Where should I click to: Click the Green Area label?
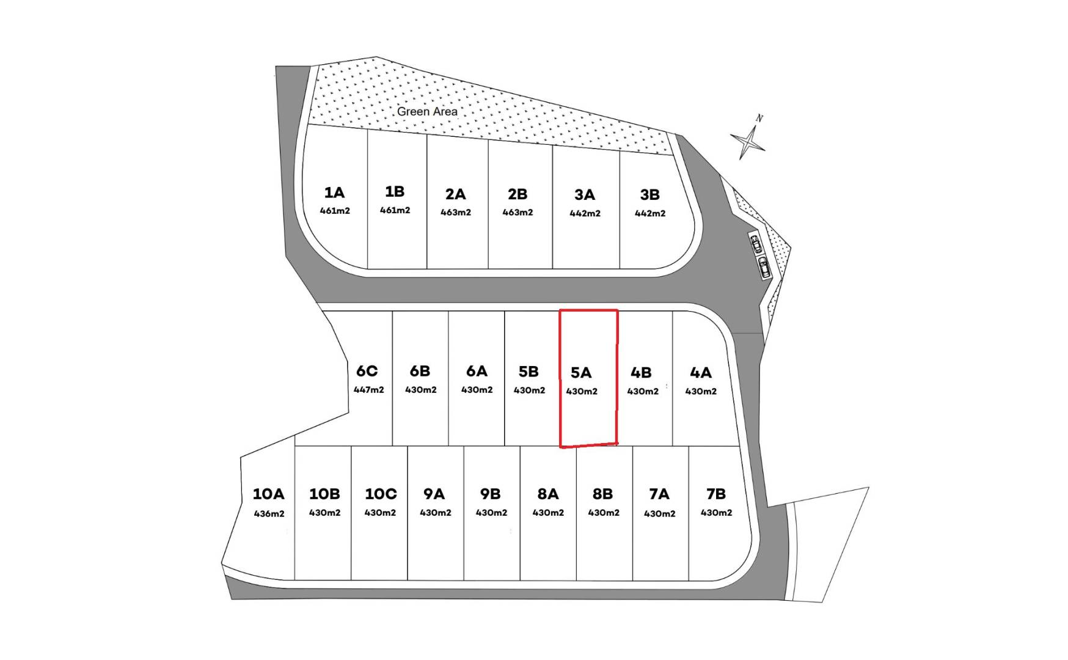click(427, 111)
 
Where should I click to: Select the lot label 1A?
click(334, 193)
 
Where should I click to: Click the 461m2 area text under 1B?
click(395, 210)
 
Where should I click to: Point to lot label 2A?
click(456, 194)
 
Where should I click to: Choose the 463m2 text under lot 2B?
click(518, 213)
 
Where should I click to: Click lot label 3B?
click(650, 195)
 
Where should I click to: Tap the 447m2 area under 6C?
click(369, 390)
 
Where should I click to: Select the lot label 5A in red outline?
click(581, 373)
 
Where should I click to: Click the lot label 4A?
click(701, 373)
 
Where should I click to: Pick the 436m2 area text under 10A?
click(269, 514)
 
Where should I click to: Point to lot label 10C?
click(381, 494)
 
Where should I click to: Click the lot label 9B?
click(491, 494)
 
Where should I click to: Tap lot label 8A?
click(548, 494)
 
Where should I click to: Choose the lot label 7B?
click(716, 494)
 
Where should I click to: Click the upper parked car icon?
click(756, 244)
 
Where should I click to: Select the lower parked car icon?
click(764, 267)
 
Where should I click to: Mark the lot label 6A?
click(477, 372)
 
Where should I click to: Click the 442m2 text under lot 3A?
click(585, 214)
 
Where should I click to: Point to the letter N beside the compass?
click(759, 118)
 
